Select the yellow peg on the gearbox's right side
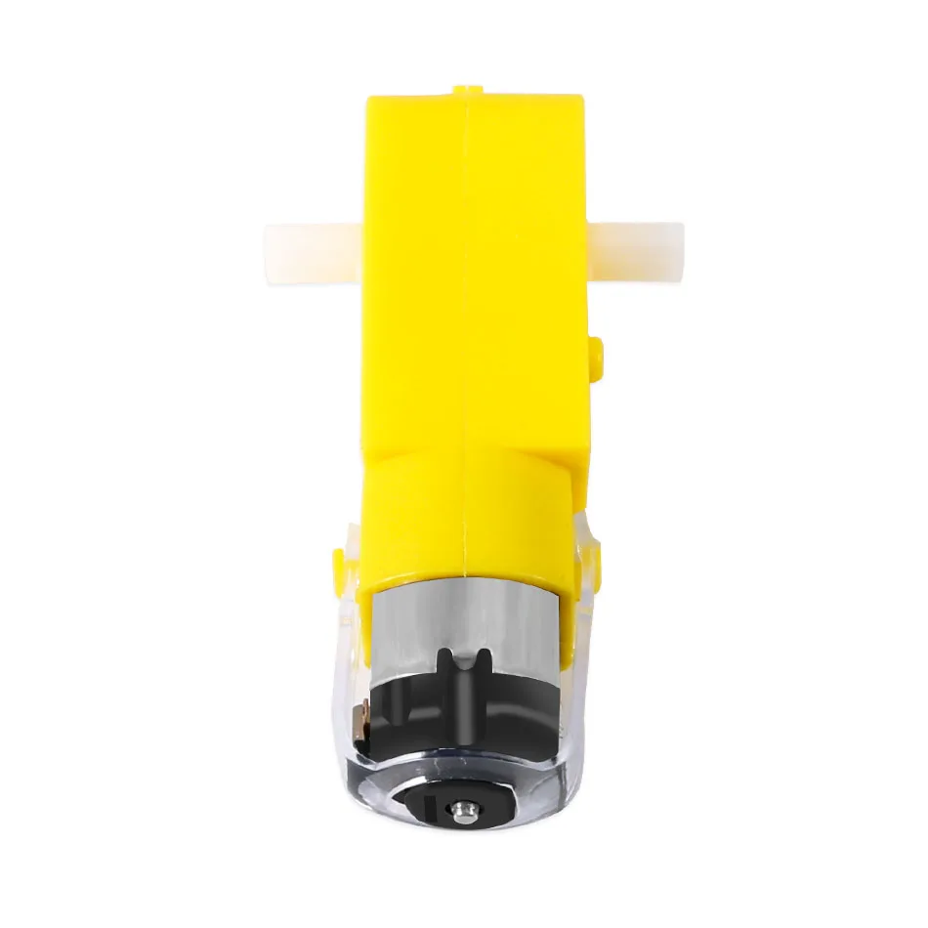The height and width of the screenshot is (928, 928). click(x=598, y=353)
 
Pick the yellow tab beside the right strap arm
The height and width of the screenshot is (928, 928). click(x=597, y=561)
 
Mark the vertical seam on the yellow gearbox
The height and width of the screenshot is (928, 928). click(x=467, y=293)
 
